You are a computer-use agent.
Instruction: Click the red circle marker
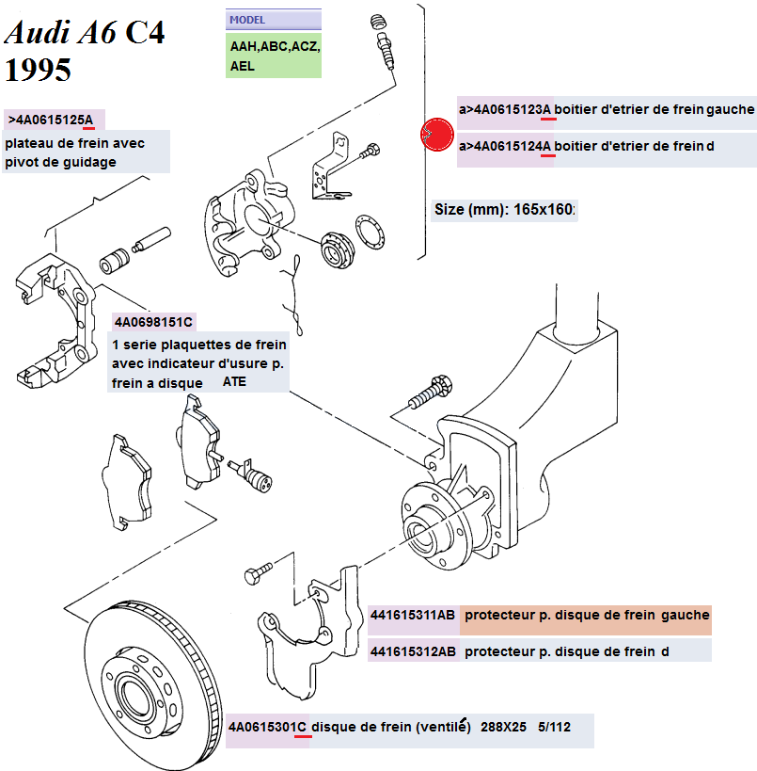coord(436,134)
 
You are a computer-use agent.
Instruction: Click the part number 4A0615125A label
coord(54,120)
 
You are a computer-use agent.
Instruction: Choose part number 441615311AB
coord(413,615)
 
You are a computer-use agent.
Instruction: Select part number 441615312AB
coord(413,651)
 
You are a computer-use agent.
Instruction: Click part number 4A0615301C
coord(268,727)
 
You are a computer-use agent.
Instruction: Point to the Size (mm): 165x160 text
coord(504,209)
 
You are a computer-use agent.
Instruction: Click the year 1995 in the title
coord(39,70)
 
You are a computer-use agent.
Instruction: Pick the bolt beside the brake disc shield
coord(257,571)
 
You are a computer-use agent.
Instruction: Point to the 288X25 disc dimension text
coord(503,727)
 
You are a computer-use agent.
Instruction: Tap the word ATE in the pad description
coord(234,382)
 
